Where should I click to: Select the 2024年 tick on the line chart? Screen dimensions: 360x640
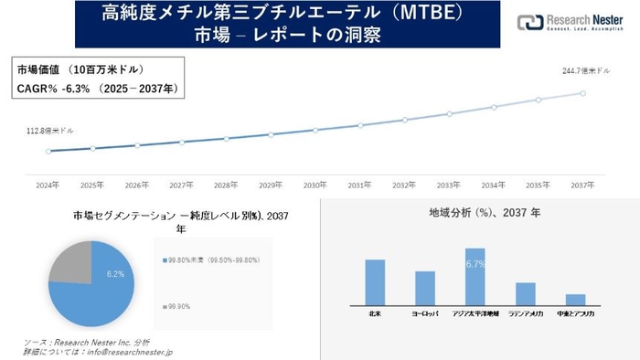point(48,185)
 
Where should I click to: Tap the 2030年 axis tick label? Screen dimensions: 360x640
point(315,185)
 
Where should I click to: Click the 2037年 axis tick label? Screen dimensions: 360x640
point(582,185)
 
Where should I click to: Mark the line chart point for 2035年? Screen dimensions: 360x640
point(539,100)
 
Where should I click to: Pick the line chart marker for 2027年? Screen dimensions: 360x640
point(182,142)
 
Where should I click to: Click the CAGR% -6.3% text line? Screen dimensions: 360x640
point(97,89)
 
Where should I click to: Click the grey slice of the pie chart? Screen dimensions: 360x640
point(71,262)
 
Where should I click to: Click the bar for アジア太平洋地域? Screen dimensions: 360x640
point(475,276)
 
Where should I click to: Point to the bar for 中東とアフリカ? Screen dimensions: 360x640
point(575,299)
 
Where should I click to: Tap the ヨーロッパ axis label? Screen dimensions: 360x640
point(424,312)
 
